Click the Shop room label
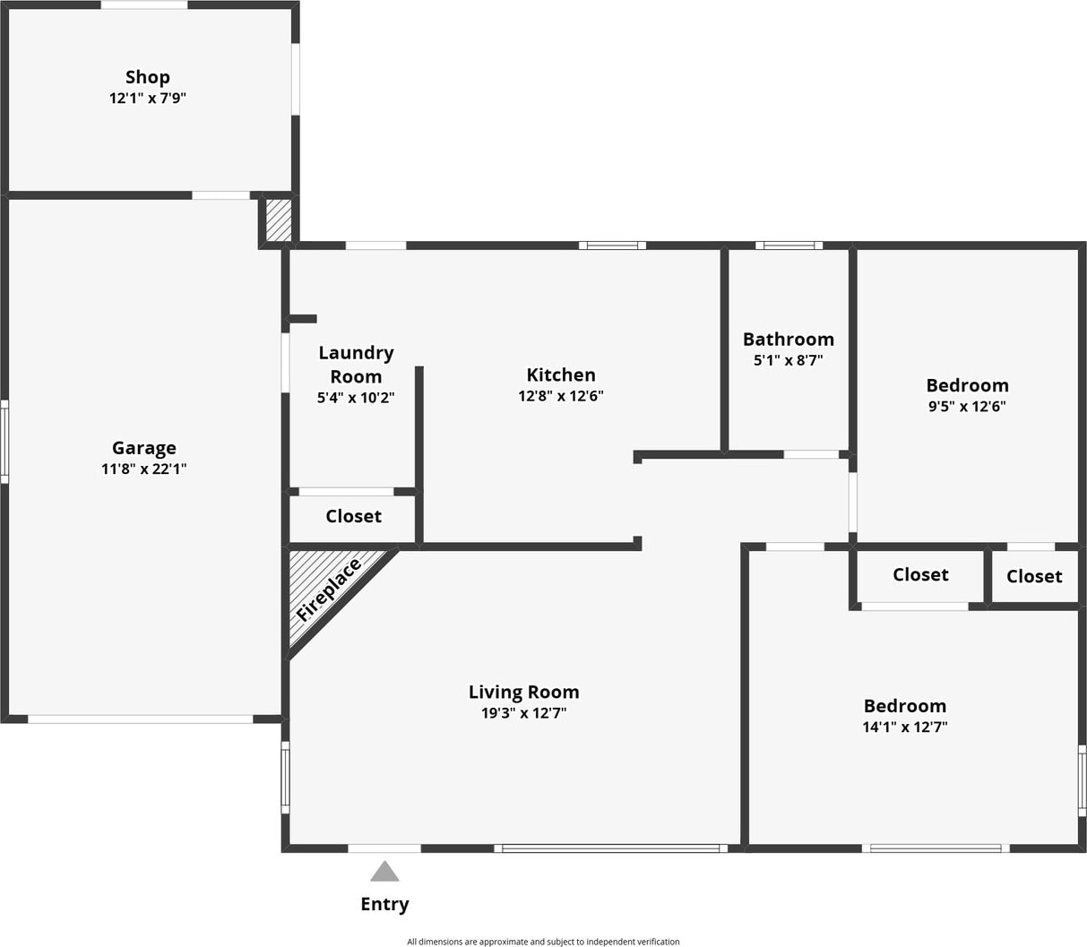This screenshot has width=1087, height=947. tap(147, 77)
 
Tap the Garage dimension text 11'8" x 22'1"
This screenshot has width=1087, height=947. tap(143, 469)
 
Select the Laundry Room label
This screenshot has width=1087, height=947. tap(356, 365)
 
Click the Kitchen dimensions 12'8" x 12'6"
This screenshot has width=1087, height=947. tap(561, 396)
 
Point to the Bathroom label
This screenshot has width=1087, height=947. tap(788, 340)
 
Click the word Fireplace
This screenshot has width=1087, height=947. tap(328, 590)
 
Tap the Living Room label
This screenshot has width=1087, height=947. tap(523, 692)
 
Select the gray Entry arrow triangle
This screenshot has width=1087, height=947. tap(384, 872)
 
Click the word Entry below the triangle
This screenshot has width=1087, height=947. tap(384, 904)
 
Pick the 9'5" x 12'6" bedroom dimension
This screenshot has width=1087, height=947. tap(967, 406)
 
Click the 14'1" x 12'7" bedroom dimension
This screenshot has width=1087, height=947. tap(904, 727)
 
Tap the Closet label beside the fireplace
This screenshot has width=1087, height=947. tap(353, 516)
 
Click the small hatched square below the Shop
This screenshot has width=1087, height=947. tap(279, 220)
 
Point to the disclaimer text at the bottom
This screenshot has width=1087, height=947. tap(543, 942)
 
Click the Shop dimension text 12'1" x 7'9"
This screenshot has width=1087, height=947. tap(147, 98)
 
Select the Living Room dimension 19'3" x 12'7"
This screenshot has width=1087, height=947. tap(523, 713)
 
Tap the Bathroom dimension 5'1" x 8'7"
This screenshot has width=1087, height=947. tap(788, 360)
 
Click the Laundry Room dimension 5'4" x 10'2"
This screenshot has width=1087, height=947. tap(356, 397)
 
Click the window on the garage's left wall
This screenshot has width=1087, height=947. tap(4, 442)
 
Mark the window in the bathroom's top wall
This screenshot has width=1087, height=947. tap(789, 245)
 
